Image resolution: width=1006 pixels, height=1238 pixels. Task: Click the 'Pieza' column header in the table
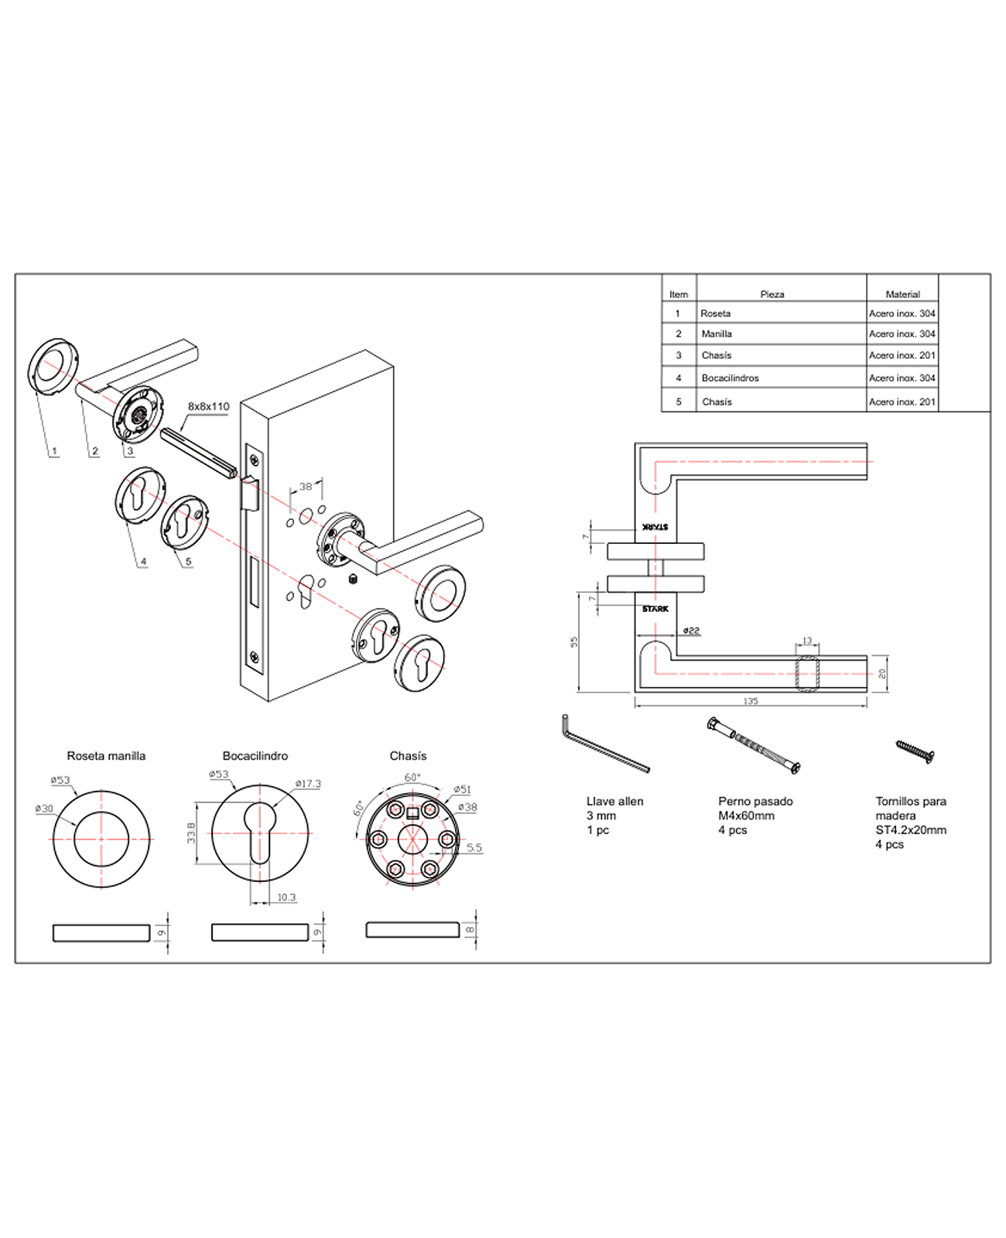772,294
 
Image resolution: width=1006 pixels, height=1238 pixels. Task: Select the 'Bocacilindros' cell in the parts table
730,378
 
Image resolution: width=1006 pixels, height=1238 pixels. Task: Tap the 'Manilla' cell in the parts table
717,334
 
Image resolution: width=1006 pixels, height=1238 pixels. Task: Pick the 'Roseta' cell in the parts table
715,313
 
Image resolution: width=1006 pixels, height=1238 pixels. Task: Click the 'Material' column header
902,294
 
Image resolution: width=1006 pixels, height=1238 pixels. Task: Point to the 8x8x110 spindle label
208,406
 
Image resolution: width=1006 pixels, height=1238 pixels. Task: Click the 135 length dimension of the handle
750,702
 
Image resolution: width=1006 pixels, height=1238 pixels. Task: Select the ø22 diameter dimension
691,631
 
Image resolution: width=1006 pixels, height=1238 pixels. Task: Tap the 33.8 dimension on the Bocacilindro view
191,833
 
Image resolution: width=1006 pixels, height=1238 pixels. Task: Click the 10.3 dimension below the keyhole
286,898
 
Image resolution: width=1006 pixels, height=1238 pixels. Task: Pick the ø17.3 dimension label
308,784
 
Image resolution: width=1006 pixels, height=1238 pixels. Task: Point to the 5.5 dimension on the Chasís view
474,848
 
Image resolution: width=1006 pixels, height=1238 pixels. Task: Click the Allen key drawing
604,744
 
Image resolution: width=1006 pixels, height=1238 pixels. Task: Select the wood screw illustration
915,751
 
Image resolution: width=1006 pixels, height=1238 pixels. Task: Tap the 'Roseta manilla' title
106,756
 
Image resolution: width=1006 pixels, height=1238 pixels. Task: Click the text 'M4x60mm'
746,816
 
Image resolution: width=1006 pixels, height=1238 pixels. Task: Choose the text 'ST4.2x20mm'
911,830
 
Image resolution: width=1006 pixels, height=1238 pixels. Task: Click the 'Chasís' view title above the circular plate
408,756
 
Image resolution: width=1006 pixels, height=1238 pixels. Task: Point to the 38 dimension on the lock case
306,487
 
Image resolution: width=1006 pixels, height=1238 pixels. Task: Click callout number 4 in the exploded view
143,562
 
